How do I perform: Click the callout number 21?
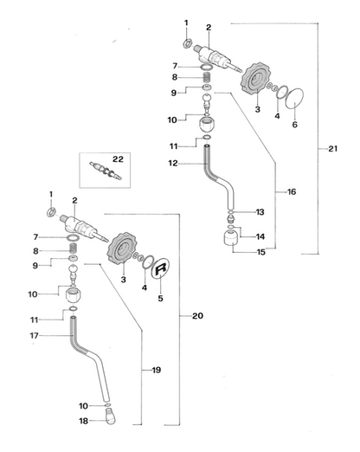click(332, 149)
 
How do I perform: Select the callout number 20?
click(197, 316)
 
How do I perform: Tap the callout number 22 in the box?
click(118, 159)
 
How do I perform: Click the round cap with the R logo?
click(161, 268)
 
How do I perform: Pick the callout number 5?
click(160, 298)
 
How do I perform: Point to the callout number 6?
click(294, 125)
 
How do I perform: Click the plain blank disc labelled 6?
click(294, 99)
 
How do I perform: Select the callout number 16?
click(292, 191)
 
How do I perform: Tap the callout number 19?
click(157, 370)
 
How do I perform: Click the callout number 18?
click(83, 421)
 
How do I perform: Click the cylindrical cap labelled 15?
click(232, 238)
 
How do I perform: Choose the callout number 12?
click(173, 164)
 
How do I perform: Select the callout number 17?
click(34, 336)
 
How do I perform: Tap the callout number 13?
click(260, 212)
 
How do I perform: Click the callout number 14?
click(260, 236)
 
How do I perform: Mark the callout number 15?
click(260, 252)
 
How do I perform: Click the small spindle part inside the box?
click(106, 171)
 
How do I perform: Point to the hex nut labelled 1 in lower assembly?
click(51, 212)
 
